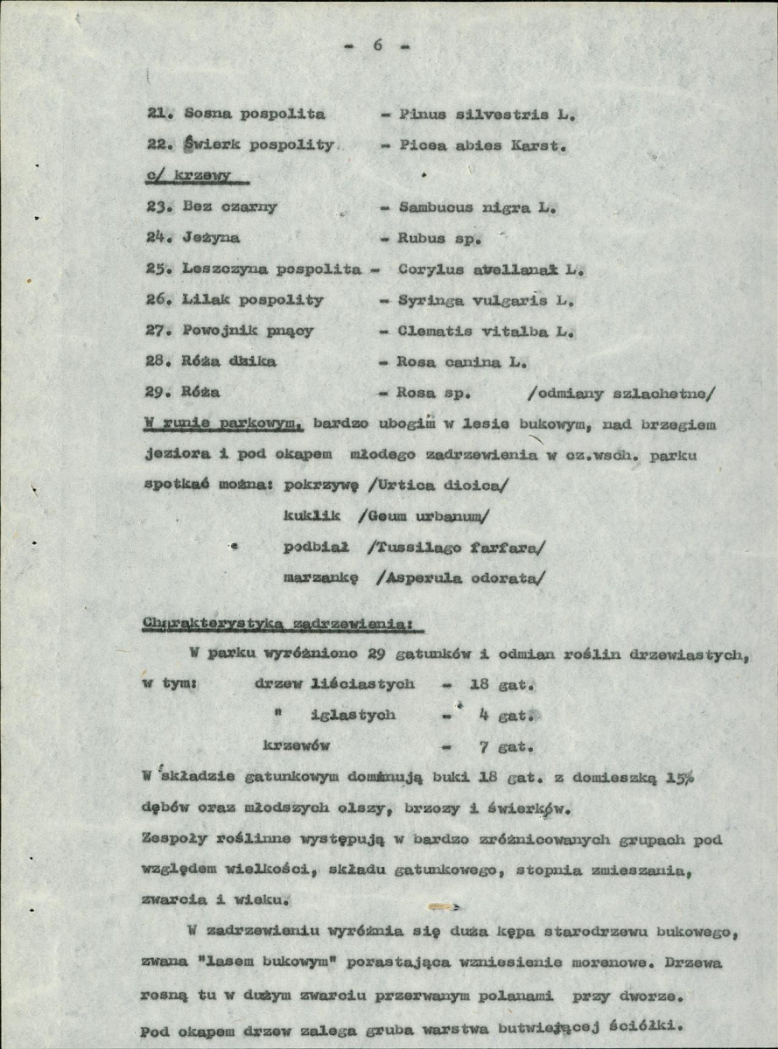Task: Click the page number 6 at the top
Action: point(379,46)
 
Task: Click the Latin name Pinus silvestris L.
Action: point(487,115)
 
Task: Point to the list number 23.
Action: point(158,207)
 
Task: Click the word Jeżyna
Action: point(213,238)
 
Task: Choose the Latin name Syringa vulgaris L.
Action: point(487,300)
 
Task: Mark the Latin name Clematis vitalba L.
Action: point(487,331)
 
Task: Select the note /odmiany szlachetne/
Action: point(621,393)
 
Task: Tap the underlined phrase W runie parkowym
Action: point(223,424)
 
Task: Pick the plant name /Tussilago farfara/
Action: point(456,548)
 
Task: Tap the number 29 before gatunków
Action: point(378,654)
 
